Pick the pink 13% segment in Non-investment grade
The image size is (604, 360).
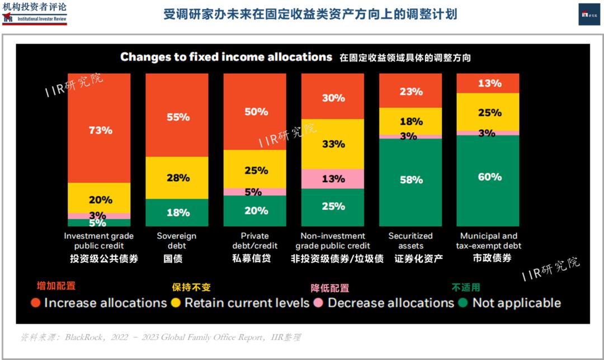click(x=333, y=178)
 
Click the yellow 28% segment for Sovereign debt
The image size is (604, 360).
click(x=177, y=178)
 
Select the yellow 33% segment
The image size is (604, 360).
click(x=333, y=144)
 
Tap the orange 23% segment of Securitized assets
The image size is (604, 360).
click(x=410, y=91)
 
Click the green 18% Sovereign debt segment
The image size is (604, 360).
click(x=177, y=212)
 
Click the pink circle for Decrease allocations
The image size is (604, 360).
click(x=318, y=303)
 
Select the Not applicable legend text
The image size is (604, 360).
click(x=516, y=303)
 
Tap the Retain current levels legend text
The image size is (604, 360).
click(x=247, y=303)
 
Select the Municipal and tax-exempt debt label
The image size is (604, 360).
click(x=488, y=240)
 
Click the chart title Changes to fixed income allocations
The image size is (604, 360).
click(x=226, y=56)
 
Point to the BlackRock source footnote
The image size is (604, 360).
click(x=161, y=338)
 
